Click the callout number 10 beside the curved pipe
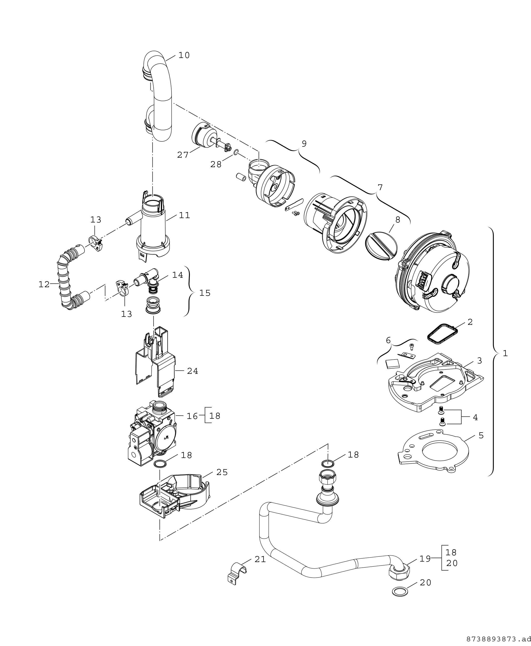184,56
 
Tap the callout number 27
183,155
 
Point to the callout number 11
184,215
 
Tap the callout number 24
192,371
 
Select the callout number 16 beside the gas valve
192,416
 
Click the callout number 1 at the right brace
505,353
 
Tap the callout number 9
304,143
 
